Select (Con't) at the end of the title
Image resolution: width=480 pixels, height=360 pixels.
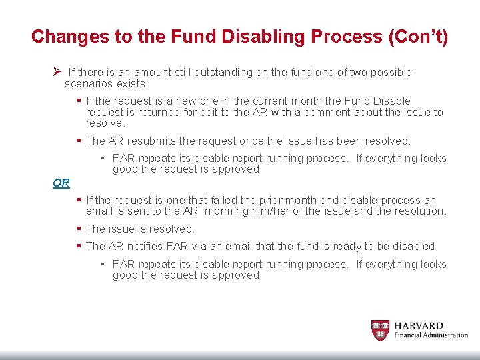pyautogui.click(x=417, y=36)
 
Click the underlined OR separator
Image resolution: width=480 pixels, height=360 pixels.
pyautogui.click(x=61, y=183)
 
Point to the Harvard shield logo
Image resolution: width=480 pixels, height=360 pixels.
pyautogui.click(x=380, y=329)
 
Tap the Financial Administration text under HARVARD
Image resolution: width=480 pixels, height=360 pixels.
pyautogui.click(x=431, y=335)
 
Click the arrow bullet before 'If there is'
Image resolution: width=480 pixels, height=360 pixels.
pyautogui.click(x=57, y=71)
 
